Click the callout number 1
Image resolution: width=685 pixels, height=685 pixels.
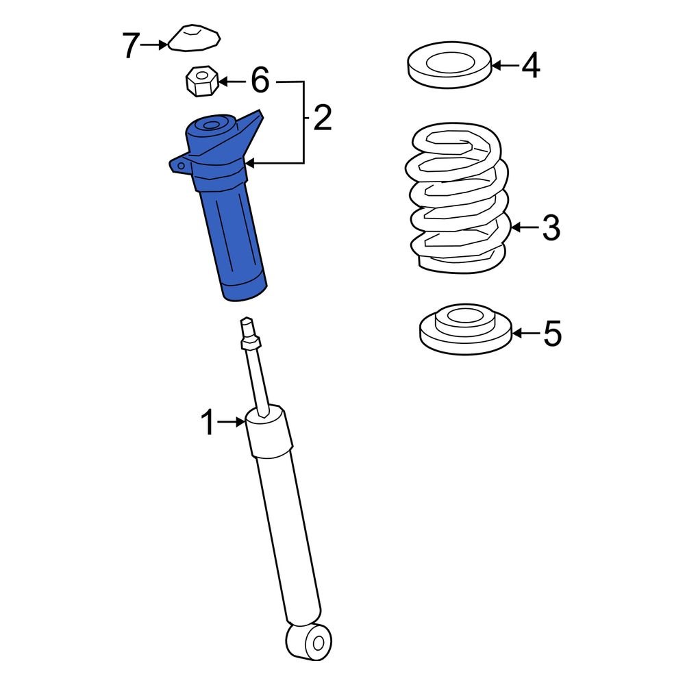(x=208, y=423)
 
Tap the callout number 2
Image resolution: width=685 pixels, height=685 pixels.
(x=322, y=119)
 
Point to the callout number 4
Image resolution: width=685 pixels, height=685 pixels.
(x=530, y=66)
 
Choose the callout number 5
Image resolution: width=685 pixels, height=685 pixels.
(x=551, y=334)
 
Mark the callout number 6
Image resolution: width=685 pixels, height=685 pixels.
(x=260, y=82)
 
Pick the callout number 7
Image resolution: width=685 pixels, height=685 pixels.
(x=131, y=45)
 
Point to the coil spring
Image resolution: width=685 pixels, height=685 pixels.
(x=458, y=199)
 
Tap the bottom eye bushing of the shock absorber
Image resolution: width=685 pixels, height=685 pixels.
(x=310, y=641)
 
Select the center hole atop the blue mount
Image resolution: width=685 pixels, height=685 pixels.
(x=210, y=125)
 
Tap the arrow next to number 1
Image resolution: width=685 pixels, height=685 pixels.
(x=232, y=423)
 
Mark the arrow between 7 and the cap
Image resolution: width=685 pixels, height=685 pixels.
(x=154, y=45)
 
